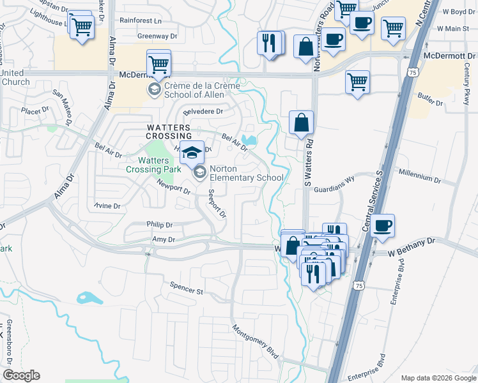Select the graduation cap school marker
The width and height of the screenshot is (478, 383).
191,153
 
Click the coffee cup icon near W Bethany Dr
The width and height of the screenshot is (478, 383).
382,225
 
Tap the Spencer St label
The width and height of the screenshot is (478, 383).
186,288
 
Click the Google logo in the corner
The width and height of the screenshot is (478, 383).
21,375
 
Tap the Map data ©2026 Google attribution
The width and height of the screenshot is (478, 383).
438,378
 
